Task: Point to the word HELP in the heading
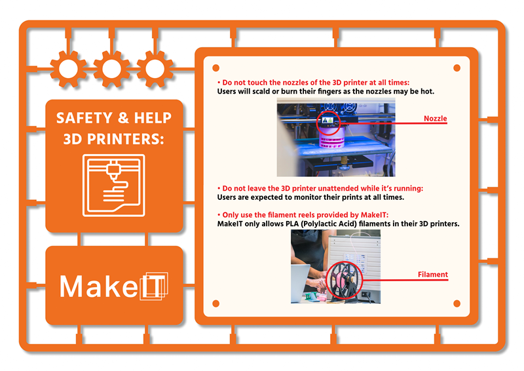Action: click(x=153, y=118)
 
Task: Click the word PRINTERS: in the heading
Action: click(x=126, y=139)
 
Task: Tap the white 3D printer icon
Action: click(x=113, y=185)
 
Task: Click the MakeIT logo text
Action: click(x=113, y=286)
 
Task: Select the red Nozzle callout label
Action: click(x=435, y=119)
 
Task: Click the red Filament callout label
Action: click(x=433, y=275)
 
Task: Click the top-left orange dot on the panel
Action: click(x=216, y=68)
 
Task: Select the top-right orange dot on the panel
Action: click(x=457, y=68)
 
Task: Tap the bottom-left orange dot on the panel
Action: click(x=216, y=303)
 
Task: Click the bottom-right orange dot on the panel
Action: click(x=457, y=303)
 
